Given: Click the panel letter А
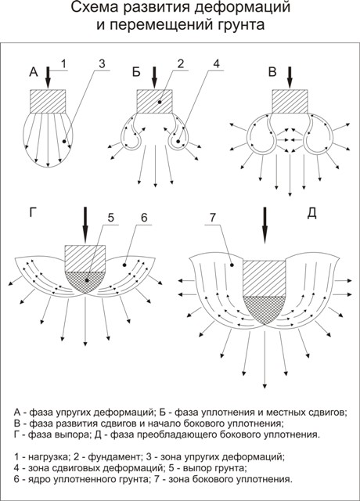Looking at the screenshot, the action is [x=34, y=72].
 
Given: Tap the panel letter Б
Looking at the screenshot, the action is [x=136, y=72].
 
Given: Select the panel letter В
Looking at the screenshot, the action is [x=272, y=72].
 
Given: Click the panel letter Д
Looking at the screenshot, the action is [x=311, y=214].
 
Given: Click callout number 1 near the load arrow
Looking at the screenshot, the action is [x=63, y=64].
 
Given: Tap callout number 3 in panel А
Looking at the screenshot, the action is [x=102, y=64].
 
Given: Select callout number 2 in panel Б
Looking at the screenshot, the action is [x=181, y=64].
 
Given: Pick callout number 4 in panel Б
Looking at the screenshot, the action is [x=216, y=64].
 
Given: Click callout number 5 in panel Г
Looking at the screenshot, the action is [x=110, y=218].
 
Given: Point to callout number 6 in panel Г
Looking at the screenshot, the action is [x=144, y=218].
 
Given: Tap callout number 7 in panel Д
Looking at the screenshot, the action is [x=213, y=218].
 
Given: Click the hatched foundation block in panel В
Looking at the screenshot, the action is [x=290, y=101].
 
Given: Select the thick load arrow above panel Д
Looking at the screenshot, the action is [x=265, y=225].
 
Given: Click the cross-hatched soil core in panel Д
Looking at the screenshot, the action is [x=265, y=309].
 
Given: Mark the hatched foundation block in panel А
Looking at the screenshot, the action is [x=48, y=101].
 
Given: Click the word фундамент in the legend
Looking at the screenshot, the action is [x=113, y=456].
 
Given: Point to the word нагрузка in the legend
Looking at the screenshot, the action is [x=48, y=456].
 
